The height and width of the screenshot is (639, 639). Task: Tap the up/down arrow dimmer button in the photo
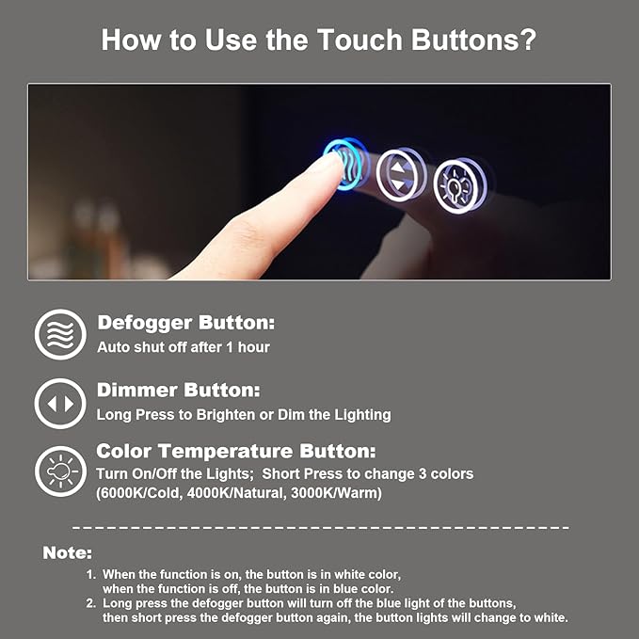[x=398, y=175]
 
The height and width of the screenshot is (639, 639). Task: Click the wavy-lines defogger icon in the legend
[x=60, y=334]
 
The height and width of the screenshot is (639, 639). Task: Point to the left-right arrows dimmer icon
[x=60, y=404]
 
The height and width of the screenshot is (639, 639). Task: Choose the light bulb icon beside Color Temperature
[x=60, y=471]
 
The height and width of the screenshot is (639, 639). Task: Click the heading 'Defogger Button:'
[x=185, y=323]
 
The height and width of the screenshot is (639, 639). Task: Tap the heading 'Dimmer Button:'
[x=178, y=390]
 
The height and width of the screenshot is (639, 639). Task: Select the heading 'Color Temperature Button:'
[x=236, y=451]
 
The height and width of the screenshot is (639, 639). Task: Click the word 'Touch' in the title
[x=359, y=40]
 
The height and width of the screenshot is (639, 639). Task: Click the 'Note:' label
[x=67, y=553]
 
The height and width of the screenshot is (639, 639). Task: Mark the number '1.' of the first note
[x=91, y=575]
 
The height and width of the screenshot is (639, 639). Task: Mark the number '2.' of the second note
[x=91, y=603]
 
